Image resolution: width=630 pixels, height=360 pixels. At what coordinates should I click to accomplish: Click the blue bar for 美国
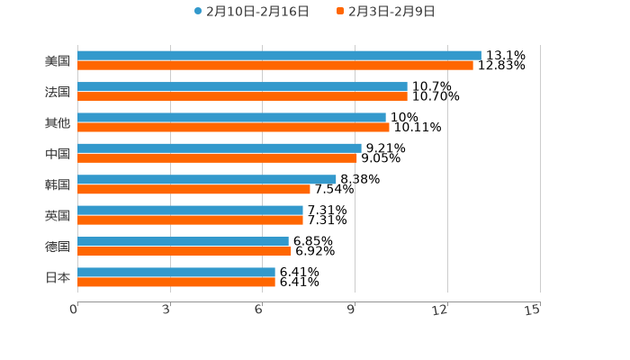tap(279, 56)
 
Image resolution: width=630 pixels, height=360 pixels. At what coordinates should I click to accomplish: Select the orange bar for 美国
tap(274, 66)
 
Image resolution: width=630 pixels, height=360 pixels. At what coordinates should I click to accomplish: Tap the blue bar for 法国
tap(242, 86)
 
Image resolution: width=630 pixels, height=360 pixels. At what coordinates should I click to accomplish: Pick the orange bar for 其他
tap(233, 128)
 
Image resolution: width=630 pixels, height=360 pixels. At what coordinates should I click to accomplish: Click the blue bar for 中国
tap(219, 148)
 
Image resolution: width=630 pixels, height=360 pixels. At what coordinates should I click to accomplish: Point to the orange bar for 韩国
tap(193, 190)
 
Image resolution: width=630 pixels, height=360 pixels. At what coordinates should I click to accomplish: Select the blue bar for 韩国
tap(206, 179)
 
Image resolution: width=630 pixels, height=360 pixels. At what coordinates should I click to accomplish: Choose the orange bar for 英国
tap(190, 220)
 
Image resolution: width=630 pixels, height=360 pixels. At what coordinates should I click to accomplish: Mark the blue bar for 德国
tap(183, 241)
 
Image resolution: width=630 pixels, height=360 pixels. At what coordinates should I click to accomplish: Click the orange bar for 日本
tap(176, 283)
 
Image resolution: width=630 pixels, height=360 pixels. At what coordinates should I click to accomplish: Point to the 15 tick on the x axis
tap(533, 310)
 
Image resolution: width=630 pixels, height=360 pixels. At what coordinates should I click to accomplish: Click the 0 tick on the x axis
tap(74, 310)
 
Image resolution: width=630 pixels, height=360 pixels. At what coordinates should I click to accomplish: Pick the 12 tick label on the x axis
tap(440, 310)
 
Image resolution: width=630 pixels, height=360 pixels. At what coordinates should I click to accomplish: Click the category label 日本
tap(58, 277)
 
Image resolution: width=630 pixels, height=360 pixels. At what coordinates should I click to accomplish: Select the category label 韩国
tap(58, 184)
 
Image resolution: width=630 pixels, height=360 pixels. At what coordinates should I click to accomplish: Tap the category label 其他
tap(58, 122)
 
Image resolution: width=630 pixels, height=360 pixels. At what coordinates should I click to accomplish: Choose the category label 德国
tap(58, 247)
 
